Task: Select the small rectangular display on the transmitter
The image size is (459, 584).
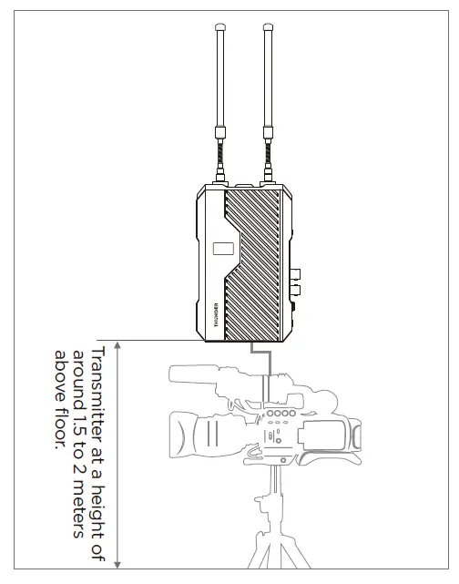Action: coord(222,249)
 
